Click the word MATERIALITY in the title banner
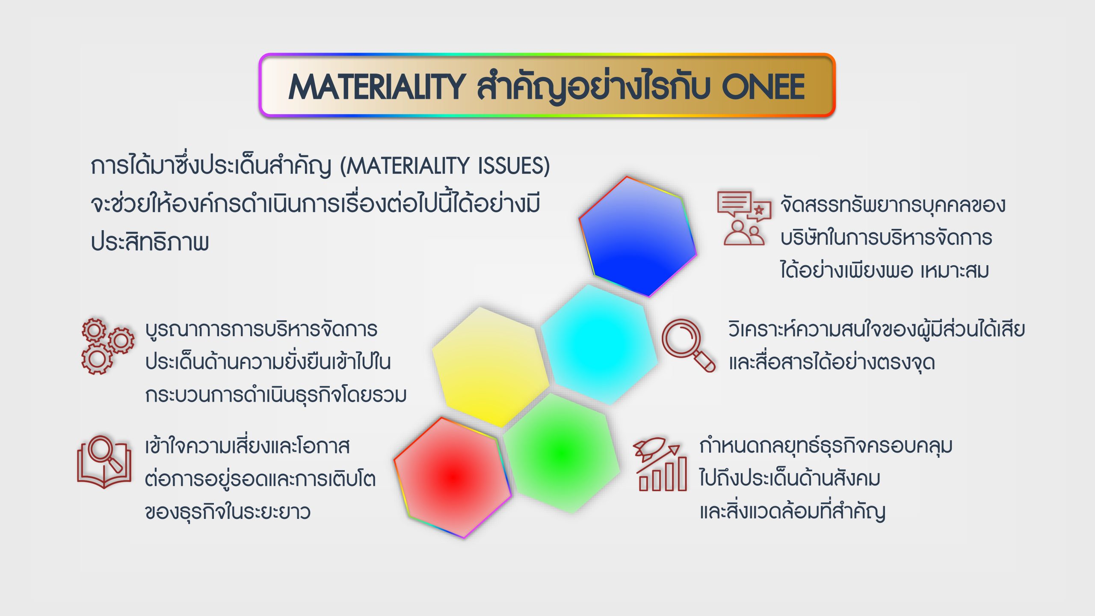(x=377, y=87)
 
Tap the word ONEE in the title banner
(x=763, y=87)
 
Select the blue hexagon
(x=638, y=237)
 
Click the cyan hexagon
(x=599, y=345)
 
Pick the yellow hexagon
(x=491, y=367)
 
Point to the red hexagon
(x=453, y=477)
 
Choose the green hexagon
(x=561, y=453)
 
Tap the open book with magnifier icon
(x=104, y=462)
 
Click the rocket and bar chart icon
(x=660, y=464)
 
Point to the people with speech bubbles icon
(x=744, y=218)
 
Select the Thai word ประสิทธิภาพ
(x=150, y=242)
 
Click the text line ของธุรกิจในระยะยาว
(x=228, y=512)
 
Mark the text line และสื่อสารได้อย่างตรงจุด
(x=832, y=362)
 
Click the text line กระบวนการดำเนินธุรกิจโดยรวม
(x=276, y=394)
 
